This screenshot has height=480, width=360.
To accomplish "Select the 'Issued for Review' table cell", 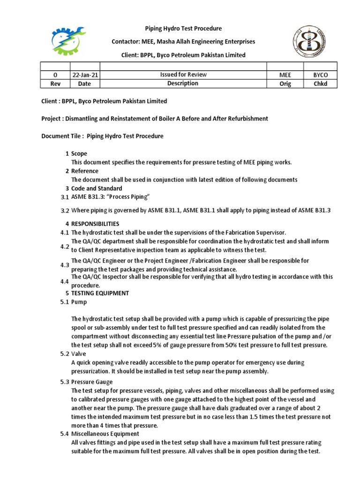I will (x=183, y=75).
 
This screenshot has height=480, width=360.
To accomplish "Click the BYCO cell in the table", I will (x=321, y=75).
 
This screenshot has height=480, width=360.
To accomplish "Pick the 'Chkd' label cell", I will (x=321, y=84).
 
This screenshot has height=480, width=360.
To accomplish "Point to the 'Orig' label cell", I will (x=285, y=84).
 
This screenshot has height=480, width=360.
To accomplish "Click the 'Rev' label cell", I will (x=55, y=84).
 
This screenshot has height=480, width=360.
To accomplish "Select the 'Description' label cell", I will (x=183, y=83).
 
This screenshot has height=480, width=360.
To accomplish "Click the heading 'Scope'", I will (x=79, y=154).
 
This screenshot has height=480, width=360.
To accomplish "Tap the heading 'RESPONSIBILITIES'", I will (x=95, y=224).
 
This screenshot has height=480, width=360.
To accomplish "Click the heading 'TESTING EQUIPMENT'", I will (x=100, y=293).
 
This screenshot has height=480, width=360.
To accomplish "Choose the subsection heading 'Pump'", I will (x=79, y=302).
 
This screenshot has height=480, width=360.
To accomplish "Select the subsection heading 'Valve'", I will (x=79, y=354).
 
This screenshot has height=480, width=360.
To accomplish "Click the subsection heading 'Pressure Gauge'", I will (x=92, y=382).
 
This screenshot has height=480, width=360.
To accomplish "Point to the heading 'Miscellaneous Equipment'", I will (x=105, y=434).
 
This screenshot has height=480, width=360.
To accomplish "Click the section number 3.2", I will (x=65, y=211).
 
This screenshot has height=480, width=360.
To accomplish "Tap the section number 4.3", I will (x=65, y=265).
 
